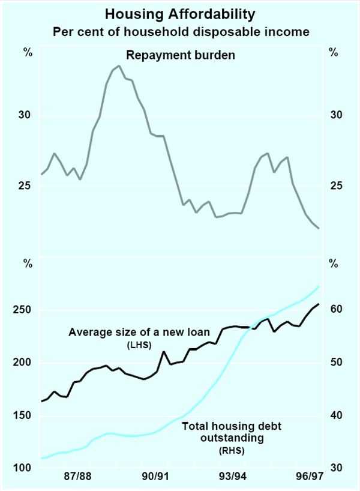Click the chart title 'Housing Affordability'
pos(181,13)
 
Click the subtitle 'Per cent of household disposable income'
pos(181,31)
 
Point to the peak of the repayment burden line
pos(119,65)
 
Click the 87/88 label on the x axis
pos(77,477)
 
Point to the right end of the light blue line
pos(319,286)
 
